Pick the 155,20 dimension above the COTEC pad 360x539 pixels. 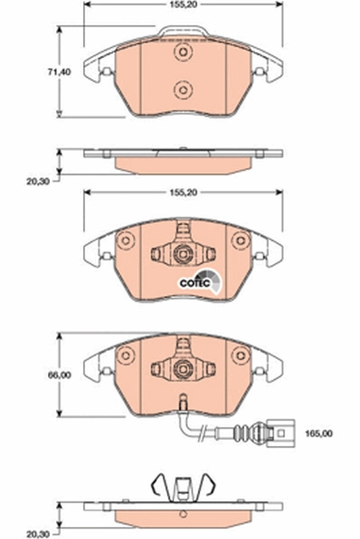(180, 193)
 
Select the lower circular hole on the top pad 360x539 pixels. (181, 89)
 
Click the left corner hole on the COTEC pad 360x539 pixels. (124, 241)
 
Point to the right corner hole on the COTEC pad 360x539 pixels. (238, 241)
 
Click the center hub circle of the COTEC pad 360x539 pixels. (181, 254)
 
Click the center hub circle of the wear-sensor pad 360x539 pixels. (181, 368)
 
